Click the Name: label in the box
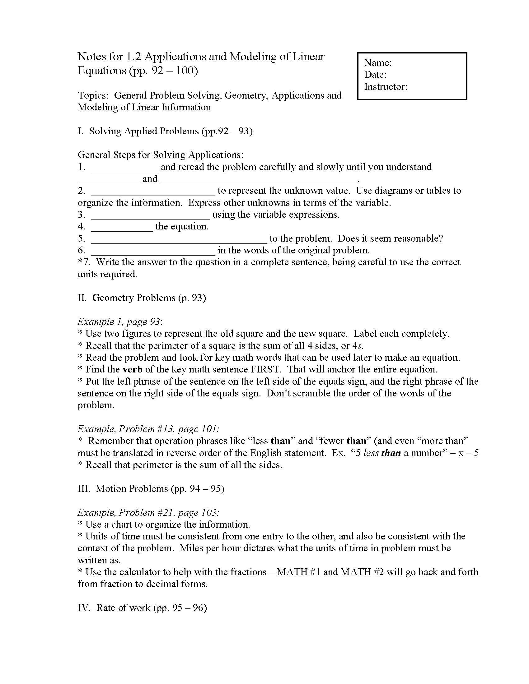click(378, 62)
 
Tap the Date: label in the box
click(375, 75)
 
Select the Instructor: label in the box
click(386, 87)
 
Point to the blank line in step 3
click(150, 218)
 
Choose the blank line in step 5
click(179, 242)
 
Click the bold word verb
click(132, 370)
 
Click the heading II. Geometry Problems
click(142, 298)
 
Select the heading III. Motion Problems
click(151, 489)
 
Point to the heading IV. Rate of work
click(142, 608)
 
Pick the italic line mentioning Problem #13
click(148, 429)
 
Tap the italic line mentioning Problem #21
click(148, 513)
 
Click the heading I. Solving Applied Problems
click(165, 131)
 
